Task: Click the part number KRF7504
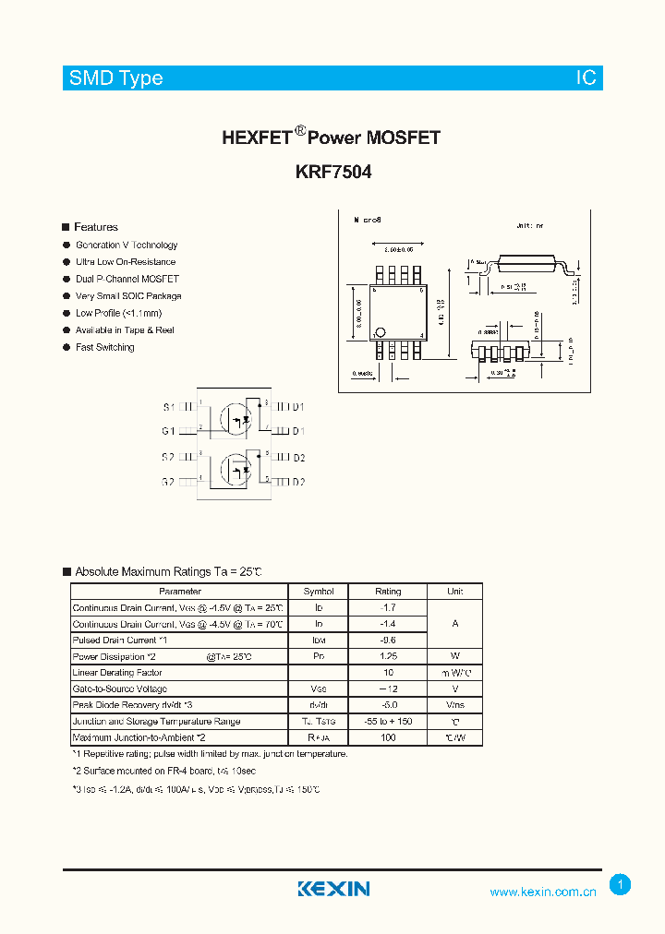point(332,173)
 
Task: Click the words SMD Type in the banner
point(115,78)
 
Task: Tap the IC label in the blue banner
point(586,78)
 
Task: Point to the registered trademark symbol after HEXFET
point(299,131)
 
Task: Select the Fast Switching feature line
point(104,347)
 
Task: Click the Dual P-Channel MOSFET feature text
point(127,279)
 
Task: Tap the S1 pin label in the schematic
point(168,407)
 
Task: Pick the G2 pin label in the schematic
point(168,482)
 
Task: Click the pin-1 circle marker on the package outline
point(380,332)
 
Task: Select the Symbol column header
point(319,592)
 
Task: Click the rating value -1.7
point(388,608)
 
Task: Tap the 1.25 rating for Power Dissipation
point(388,656)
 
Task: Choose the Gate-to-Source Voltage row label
point(120,689)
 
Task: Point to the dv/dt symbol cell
point(319,705)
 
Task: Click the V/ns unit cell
point(454,705)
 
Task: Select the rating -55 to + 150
point(388,722)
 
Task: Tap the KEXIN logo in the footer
point(333,889)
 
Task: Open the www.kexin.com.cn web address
point(542,892)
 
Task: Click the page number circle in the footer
point(621,885)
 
